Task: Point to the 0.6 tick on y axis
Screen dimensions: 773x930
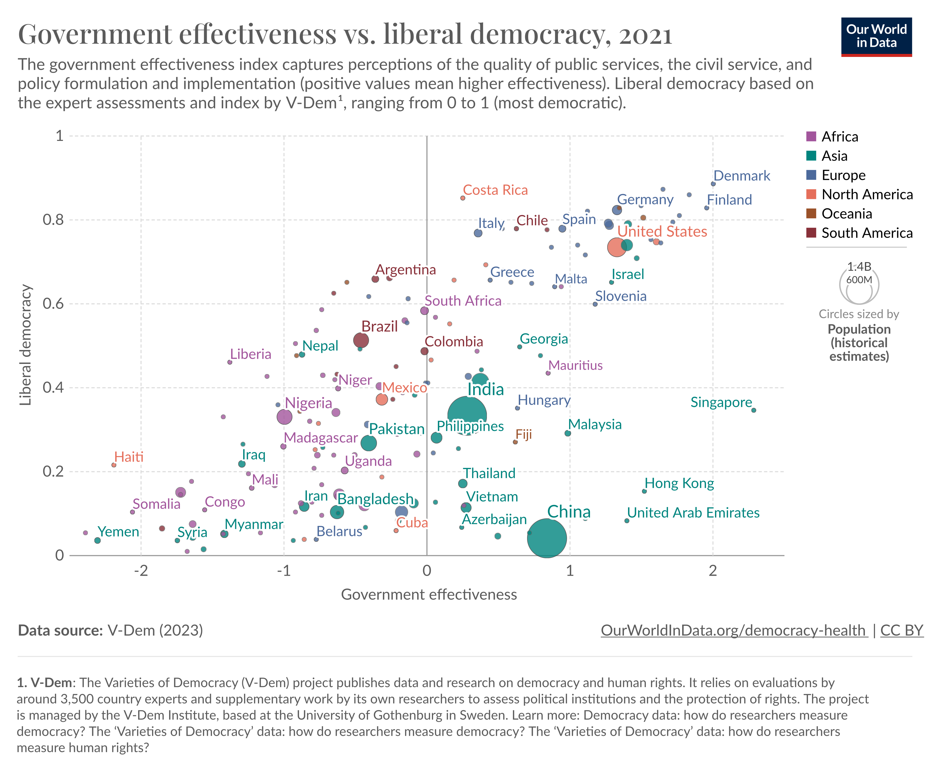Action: click(53, 304)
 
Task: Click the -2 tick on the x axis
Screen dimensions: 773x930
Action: click(141, 571)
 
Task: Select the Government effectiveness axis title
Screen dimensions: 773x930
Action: click(428, 595)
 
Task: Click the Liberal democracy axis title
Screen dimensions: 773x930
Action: click(26, 345)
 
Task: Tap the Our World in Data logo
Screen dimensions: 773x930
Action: click(876, 37)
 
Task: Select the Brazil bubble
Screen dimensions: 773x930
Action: click(361, 340)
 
